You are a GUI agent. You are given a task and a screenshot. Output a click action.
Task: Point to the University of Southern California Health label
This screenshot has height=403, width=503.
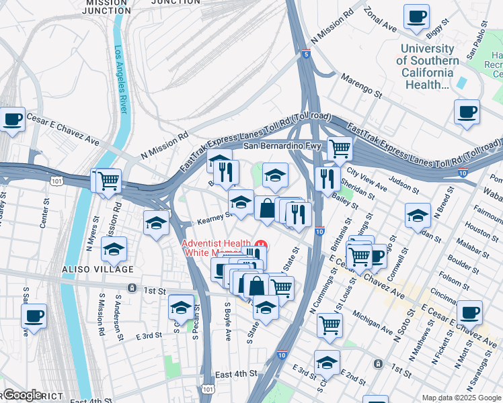click(426, 66)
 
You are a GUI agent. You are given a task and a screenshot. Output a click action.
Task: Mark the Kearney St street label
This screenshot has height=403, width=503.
click(214, 218)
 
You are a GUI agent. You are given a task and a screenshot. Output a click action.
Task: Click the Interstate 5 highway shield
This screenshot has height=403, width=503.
click(307, 54)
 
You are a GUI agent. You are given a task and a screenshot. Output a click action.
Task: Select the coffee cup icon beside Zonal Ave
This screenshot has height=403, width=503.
click(416, 15)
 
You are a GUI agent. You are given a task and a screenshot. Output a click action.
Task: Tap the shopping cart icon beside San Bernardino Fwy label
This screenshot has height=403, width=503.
click(340, 148)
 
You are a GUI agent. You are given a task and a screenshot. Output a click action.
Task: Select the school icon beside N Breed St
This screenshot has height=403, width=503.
click(418, 215)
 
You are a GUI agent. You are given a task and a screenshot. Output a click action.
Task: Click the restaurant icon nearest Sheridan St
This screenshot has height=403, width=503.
click(327, 178)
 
